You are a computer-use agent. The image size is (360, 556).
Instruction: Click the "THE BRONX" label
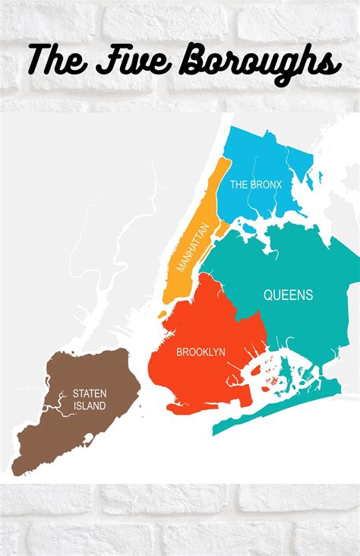256,185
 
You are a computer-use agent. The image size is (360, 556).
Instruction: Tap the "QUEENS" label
288,295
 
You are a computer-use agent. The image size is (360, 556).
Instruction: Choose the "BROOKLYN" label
201,352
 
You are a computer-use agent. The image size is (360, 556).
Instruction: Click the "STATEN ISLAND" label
90,400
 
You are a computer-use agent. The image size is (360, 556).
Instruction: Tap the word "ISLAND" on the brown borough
90,406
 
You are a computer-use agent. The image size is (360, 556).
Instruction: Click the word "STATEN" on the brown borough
90,393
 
